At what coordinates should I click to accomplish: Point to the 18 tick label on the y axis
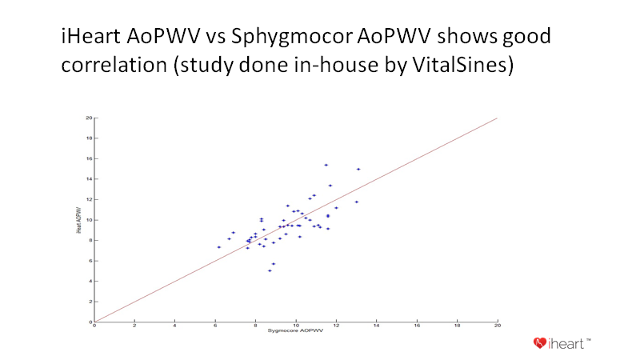point(88,138)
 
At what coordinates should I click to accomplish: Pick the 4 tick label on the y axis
point(90,281)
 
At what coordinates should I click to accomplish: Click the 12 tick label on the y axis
point(88,199)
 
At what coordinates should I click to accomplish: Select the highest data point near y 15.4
point(326,165)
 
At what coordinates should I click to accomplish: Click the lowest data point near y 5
point(270,270)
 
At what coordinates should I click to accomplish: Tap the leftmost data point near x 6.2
point(218,247)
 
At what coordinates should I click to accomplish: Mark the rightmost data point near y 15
point(358,169)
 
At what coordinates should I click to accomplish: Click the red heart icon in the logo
point(541,344)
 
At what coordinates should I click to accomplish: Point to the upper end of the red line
point(497,118)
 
